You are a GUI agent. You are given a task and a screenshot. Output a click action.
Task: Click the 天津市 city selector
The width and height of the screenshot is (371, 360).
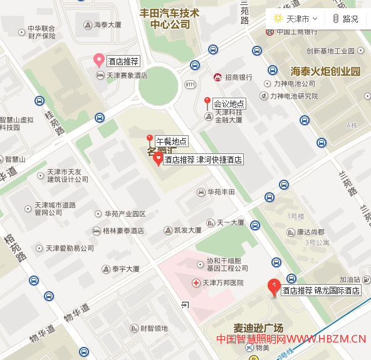[x=296, y=19]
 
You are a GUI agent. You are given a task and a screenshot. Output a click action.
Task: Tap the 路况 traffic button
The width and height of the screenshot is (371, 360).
[x=345, y=19]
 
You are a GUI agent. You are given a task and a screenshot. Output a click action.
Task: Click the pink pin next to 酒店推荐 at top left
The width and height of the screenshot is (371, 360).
[x=98, y=60]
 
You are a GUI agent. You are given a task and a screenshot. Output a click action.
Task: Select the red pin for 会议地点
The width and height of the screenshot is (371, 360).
[x=207, y=101]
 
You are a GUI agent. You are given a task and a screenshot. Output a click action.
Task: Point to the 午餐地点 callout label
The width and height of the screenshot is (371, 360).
[x=171, y=141]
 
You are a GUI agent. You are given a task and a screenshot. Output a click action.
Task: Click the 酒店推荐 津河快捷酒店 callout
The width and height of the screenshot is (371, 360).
[x=202, y=160]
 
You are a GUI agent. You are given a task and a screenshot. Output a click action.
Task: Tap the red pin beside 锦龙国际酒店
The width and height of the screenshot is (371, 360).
[x=273, y=287]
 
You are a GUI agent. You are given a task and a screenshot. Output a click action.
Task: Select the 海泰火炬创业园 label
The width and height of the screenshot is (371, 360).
[x=325, y=71]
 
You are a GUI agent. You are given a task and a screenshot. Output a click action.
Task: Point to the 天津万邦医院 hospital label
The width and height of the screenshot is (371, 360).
[x=222, y=283]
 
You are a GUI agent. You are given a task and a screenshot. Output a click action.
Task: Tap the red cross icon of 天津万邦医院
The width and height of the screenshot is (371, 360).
[x=196, y=283]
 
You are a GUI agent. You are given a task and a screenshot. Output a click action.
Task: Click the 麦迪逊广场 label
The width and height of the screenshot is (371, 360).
[x=249, y=328]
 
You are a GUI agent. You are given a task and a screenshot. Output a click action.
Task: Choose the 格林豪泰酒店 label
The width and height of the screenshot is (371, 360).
[x=123, y=231]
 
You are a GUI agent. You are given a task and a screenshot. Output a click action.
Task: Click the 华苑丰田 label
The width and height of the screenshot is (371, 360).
[x=221, y=192]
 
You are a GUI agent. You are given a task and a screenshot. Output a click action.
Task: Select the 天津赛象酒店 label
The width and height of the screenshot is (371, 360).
[x=127, y=76]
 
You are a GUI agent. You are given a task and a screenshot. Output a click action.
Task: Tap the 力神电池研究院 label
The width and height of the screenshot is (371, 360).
[x=294, y=96]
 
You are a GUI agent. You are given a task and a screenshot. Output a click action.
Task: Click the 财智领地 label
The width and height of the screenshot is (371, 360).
[x=154, y=328]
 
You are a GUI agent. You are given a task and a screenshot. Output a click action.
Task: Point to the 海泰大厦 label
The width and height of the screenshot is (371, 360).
[x=107, y=26]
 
